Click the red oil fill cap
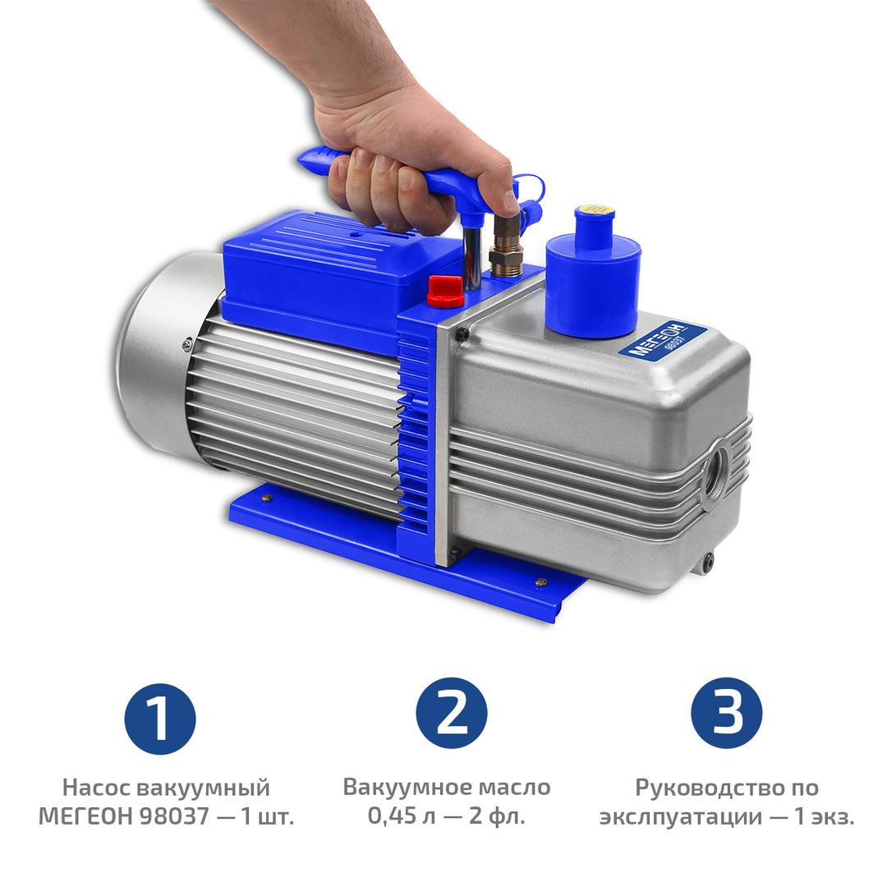pos(445,290)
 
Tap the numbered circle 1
pos(160,719)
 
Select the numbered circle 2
pos(452,714)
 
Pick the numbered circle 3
pos(726,714)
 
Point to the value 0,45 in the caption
pos(393,816)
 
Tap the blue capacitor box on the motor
pos(324,272)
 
